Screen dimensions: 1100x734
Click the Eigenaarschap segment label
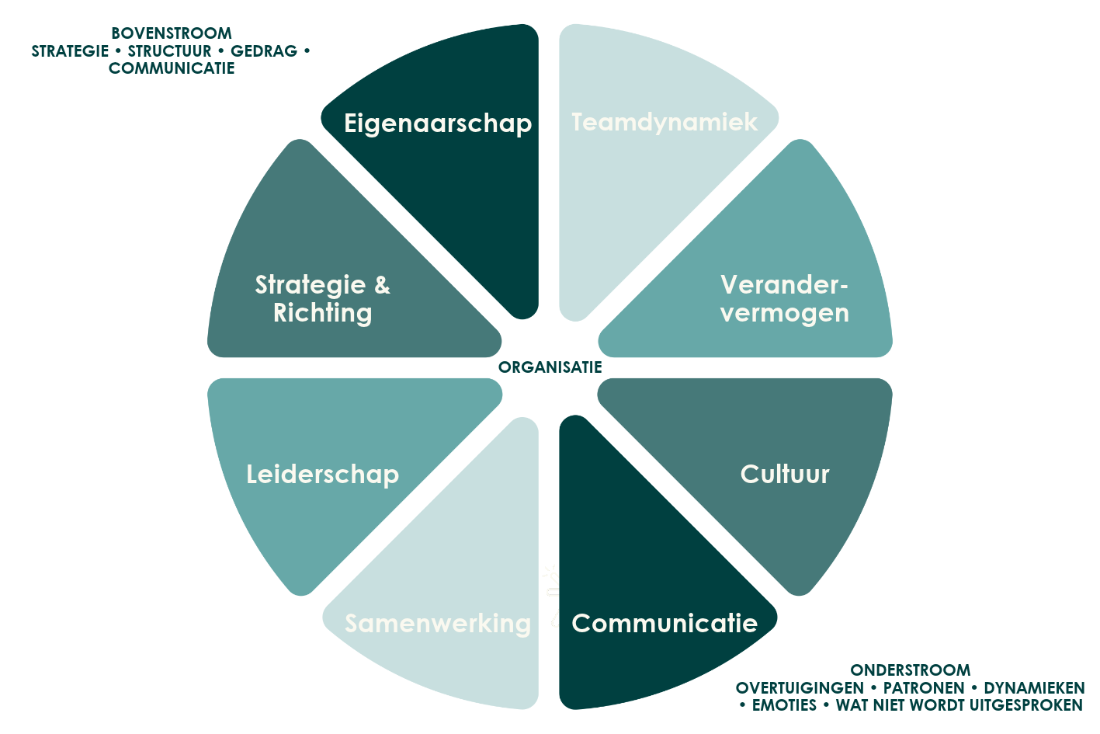438,123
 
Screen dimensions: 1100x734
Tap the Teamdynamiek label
665,122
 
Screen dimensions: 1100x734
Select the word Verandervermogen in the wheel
785,299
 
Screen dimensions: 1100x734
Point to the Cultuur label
785,474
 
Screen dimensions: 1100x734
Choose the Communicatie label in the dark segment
665,624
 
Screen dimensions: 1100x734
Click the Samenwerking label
438,624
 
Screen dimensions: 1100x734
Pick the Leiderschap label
323,475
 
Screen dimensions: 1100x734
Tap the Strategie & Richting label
323,299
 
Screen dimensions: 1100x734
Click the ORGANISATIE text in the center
550,367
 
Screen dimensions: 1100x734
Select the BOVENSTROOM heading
172,33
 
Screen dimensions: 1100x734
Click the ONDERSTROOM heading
911,670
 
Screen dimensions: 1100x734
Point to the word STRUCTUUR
169,51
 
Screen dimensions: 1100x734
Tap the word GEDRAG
264,51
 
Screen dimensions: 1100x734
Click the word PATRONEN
924,688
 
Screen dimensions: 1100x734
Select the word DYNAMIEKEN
1034,688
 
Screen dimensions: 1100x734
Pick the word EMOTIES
784,705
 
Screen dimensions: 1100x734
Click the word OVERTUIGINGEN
800,688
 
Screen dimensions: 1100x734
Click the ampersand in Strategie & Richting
382,285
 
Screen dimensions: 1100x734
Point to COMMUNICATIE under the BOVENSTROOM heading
172,68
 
